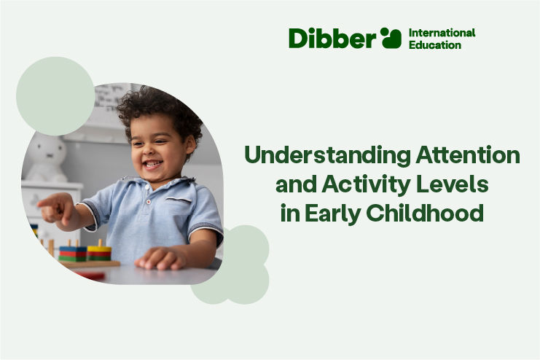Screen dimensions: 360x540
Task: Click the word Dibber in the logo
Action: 332,38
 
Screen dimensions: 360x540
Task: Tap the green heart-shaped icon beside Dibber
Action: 391,38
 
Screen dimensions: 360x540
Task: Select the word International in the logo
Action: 442,33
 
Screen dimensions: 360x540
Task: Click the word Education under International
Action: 435,44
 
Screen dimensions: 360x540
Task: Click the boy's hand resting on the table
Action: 157,258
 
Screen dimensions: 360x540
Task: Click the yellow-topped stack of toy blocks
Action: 99,252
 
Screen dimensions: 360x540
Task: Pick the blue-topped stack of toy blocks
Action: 72,253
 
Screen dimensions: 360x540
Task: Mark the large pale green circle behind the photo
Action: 55,96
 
